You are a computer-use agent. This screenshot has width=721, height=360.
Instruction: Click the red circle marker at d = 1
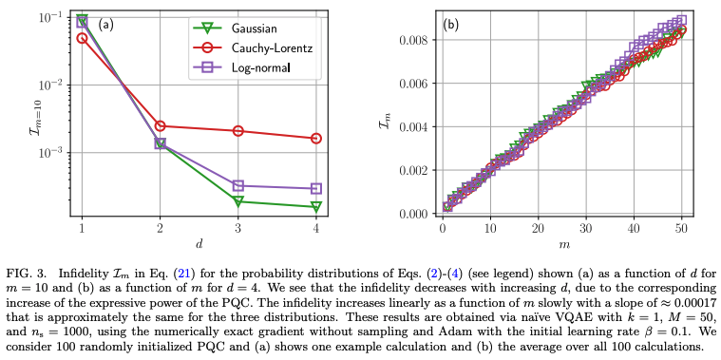tap(82, 39)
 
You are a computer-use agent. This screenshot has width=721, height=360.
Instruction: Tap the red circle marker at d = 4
tap(316, 139)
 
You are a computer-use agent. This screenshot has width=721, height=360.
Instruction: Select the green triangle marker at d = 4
tap(316, 206)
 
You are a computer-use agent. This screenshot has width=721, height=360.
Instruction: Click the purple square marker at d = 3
tap(238, 186)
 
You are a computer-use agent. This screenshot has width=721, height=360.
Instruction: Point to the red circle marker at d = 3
tap(238, 131)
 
